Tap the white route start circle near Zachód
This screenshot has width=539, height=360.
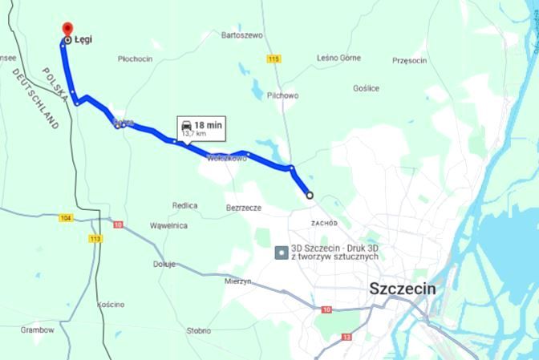310,195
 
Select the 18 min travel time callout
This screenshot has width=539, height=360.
201,127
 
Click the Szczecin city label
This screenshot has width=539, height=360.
402,289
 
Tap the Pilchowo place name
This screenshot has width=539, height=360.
283,95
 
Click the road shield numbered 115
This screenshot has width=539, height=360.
274,59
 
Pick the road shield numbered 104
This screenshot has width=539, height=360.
67,218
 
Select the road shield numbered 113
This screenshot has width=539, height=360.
96,238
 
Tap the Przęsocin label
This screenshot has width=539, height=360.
413,60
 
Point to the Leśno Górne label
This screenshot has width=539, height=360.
339,58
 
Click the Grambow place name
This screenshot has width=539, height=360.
37,330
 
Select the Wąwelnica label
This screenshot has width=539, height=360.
168,225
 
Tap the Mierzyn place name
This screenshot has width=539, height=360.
239,281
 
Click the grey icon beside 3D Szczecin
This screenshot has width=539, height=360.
281,252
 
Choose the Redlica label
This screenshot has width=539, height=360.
184,205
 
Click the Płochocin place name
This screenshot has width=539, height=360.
135,59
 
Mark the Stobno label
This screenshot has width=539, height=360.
197,330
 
